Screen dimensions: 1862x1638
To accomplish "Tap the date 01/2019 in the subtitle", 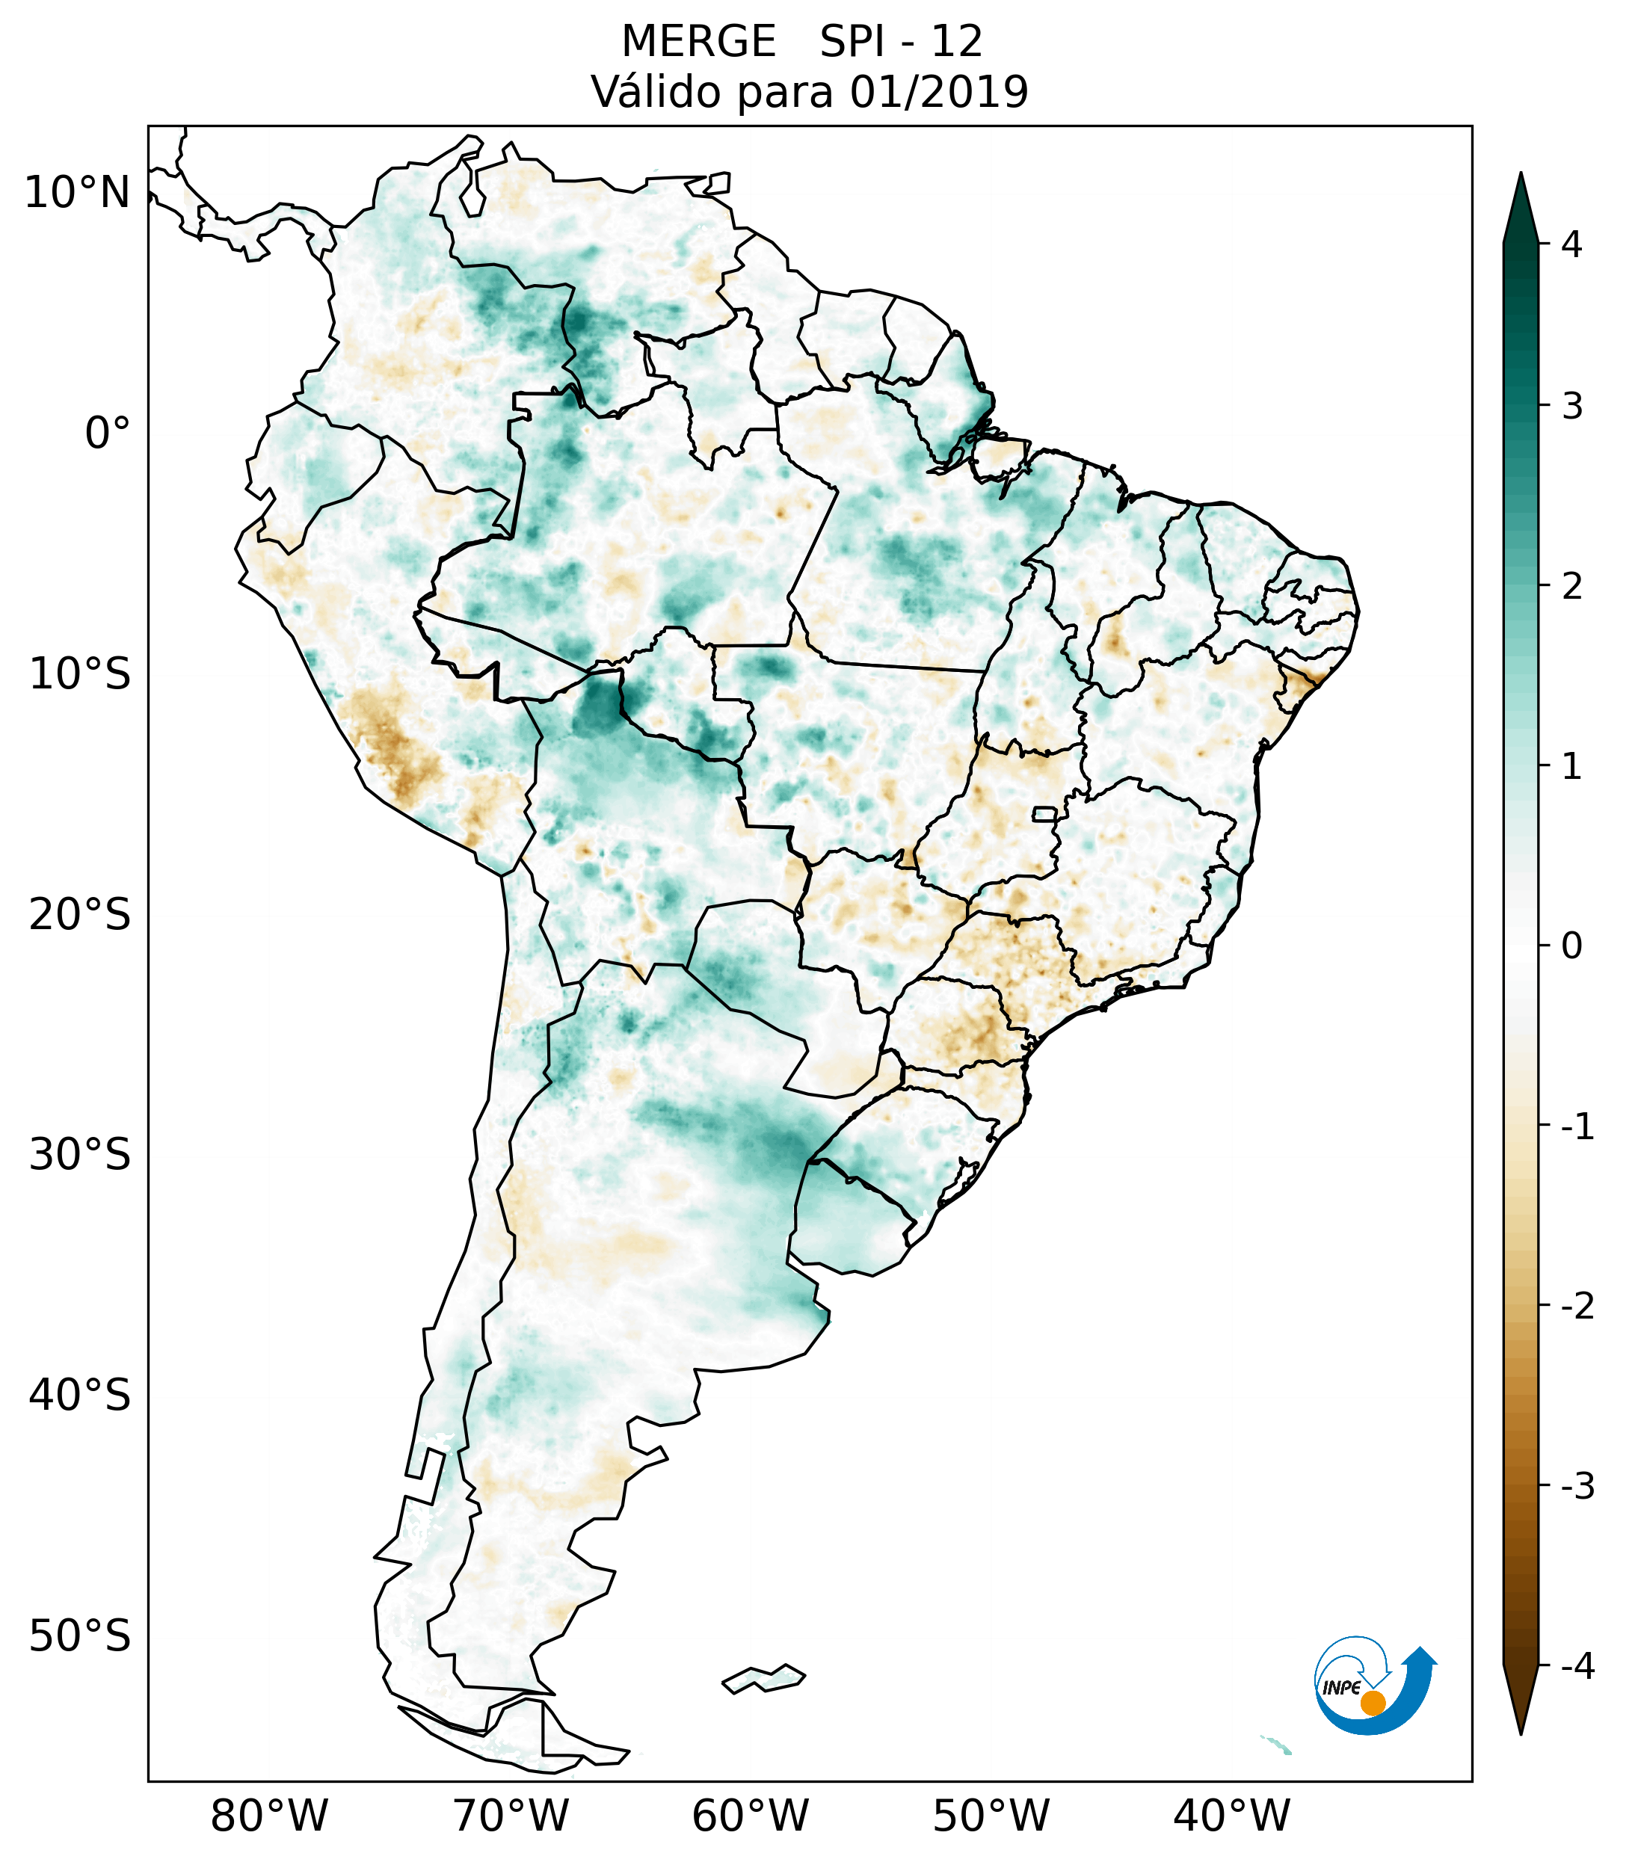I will tap(938, 92).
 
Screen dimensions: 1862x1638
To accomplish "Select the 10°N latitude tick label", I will tap(76, 193).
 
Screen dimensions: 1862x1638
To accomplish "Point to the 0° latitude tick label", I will tap(108, 434).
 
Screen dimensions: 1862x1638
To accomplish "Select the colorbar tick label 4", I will tap(1571, 244).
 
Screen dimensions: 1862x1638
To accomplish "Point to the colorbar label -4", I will tap(1577, 1667).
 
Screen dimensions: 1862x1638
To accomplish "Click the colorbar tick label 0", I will tap(1571, 946).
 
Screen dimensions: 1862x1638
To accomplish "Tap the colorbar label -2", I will tap(1577, 1307).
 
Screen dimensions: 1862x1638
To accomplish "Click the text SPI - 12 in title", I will tap(901, 42).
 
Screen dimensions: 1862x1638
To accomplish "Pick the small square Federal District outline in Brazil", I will tap(1044, 813).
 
